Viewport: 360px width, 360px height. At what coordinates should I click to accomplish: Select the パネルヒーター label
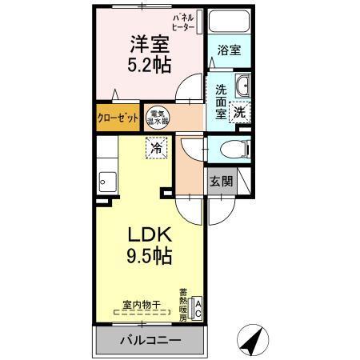pyautogui.click(x=183, y=22)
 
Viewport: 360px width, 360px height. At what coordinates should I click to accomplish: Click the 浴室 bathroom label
pyautogui.click(x=230, y=50)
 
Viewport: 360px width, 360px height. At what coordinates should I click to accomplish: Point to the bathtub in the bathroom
pyautogui.click(x=230, y=22)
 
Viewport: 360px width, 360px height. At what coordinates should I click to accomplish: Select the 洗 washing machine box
pyautogui.click(x=239, y=113)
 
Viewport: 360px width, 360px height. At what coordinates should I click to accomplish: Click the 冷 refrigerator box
pyautogui.click(x=157, y=148)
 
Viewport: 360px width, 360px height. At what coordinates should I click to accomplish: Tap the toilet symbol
pyautogui.click(x=230, y=149)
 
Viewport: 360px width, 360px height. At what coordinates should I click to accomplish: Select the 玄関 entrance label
pyautogui.click(x=222, y=181)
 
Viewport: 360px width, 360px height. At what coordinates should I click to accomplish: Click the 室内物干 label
pyautogui.click(x=142, y=304)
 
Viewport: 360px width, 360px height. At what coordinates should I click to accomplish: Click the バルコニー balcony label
pyautogui.click(x=150, y=340)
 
